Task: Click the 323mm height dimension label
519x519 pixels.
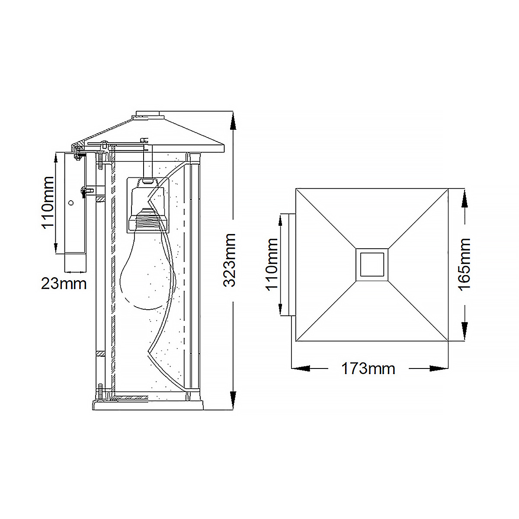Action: (230, 260)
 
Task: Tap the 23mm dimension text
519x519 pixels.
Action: (64, 284)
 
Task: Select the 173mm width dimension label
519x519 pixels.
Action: (368, 368)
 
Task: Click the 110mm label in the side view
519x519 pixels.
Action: (48, 202)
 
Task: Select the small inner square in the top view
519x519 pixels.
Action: (372, 265)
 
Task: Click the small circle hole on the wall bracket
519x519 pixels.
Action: (71, 203)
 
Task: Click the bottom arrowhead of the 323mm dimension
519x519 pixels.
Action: (233, 400)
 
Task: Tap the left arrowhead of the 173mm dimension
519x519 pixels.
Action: (301, 368)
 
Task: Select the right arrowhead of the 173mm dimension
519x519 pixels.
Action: (439, 368)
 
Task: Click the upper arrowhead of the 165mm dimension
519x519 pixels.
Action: (465, 198)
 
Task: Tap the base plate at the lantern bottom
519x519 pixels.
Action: (148, 405)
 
